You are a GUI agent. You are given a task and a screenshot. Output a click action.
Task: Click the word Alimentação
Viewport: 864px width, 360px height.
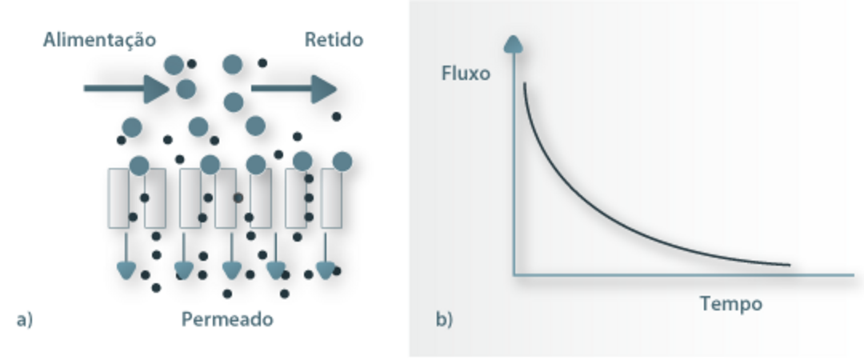pyautogui.click(x=99, y=39)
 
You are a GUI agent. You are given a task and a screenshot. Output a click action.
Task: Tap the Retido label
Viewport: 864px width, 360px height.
pyautogui.click(x=334, y=39)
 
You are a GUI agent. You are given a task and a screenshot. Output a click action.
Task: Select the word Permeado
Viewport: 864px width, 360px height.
pyautogui.click(x=227, y=319)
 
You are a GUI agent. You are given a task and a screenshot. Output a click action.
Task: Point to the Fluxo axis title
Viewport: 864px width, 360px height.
pyautogui.click(x=465, y=74)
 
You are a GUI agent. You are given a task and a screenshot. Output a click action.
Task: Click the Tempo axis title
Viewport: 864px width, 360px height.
pyautogui.click(x=731, y=304)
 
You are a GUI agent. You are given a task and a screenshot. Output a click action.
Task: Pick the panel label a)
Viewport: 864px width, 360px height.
pyautogui.click(x=24, y=320)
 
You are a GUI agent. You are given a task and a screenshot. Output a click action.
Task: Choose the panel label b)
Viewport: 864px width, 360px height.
pyautogui.click(x=444, y=320)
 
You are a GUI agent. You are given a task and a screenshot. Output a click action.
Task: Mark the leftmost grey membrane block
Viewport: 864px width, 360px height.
pyautogui.click(x=118, y=198)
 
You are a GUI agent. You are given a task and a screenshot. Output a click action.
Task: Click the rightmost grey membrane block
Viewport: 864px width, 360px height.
pyautogui.click(x=331, y=198)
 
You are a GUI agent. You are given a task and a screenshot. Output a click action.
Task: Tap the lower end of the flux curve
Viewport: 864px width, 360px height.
pyautogui.click(x=789, y=264)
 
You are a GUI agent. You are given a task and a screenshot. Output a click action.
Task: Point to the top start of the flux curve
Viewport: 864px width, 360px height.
pyautogui.click(x=525, y=83)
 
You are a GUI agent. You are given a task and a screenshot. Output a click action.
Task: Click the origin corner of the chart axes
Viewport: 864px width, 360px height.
pyautogui.click(x=514, y=274)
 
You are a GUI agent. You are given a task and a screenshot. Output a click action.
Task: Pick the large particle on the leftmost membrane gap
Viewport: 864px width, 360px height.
pyautogui.click(x=138, y=166)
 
